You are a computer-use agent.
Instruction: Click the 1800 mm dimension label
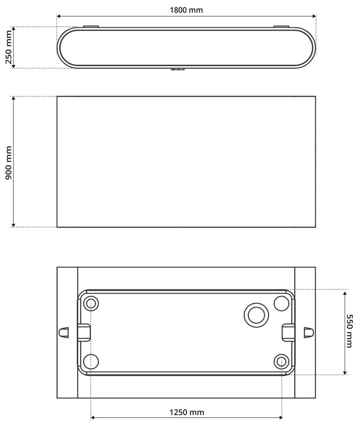click(186, 10)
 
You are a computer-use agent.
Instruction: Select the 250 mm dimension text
click(8, 48)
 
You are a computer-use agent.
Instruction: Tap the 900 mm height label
click(8, 162)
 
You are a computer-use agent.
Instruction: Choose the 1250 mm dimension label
click(186, 412)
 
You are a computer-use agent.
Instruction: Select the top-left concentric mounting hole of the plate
click(91, 304)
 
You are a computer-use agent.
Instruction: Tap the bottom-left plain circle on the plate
click(91, 361)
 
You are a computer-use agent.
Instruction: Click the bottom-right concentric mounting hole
click(281, 361)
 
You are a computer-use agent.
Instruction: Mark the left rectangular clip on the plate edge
click(84, 332)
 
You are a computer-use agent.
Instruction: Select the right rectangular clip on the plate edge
click(289, 332)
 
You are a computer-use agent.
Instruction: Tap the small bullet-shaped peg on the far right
click(309, 332)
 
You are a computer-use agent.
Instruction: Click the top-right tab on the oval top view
click(281, 27)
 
